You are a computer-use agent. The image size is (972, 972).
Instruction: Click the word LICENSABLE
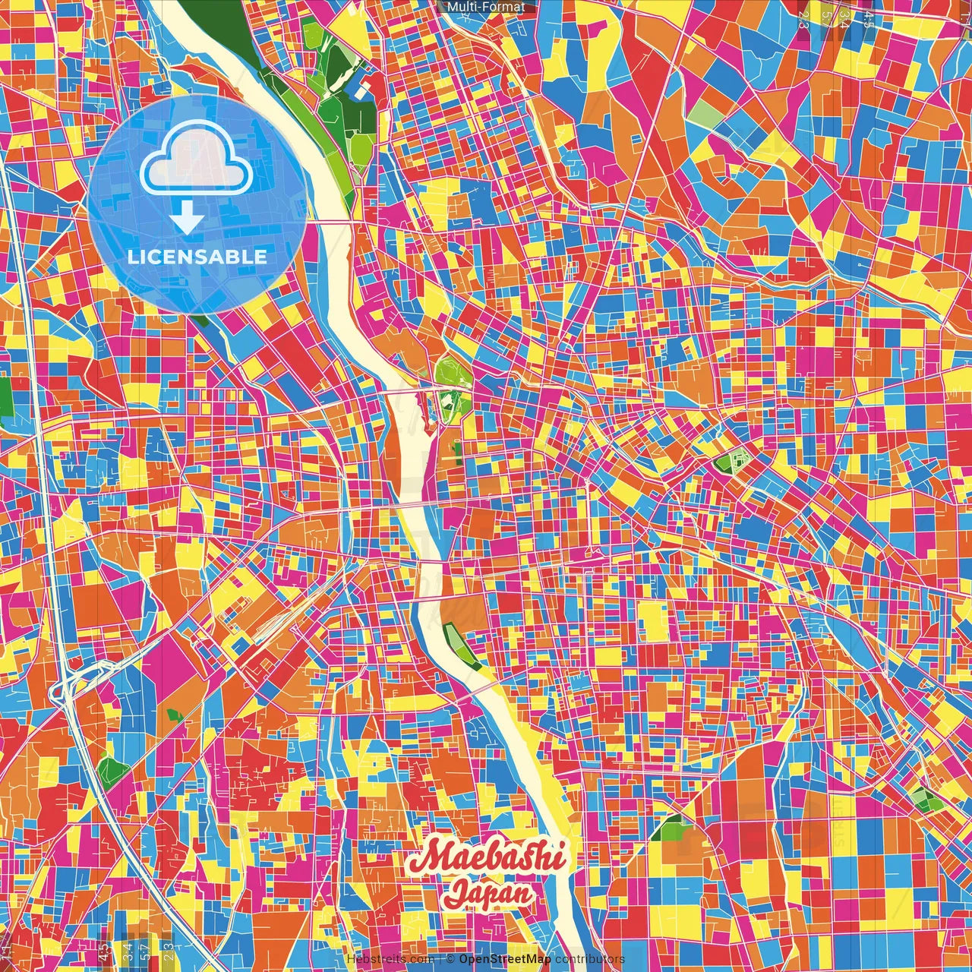click(197, 257)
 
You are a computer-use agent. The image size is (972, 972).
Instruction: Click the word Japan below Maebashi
click(488, 893)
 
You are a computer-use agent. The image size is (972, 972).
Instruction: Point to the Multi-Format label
click(485, 7)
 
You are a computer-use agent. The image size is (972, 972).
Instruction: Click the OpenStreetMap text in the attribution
click(504, 959)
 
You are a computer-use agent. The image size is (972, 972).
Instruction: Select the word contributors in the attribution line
click(589, 959)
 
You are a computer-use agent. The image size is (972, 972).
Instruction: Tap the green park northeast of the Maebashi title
click(668, 828)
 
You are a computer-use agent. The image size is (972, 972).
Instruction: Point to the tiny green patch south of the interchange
click(174, 715)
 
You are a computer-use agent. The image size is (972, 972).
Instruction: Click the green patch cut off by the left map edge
click(6, 395)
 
